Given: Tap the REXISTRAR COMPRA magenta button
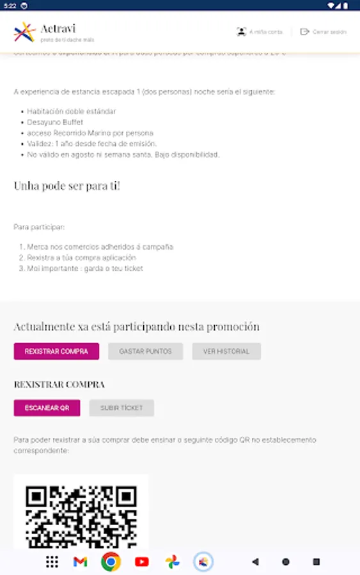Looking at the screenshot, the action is (x=56, y=351).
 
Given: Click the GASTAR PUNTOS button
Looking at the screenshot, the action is (x=145, y=351).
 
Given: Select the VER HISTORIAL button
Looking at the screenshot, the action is (x=226, y=351).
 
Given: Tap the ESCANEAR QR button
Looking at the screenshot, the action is (x=47, y=408).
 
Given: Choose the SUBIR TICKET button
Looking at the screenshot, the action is (x=121, y=408).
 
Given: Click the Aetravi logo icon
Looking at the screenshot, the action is (x=24, y=31).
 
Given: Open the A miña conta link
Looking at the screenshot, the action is (x=259, y=32).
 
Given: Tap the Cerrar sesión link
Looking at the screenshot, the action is (x=323, y=32).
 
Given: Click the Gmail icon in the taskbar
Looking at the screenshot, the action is (x=80, y=562).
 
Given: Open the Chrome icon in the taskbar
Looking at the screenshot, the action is (x=111, y=562).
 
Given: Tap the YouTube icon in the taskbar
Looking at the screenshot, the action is (x=142, y=562).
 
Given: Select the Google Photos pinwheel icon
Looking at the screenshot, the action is (x=173, y=562).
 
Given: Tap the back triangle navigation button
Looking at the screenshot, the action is (x=255, y=562).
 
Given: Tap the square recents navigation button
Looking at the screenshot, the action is (x=316, y=562).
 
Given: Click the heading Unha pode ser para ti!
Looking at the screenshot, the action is (x=67, y=186).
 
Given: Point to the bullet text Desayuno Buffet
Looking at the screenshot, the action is (x=55, y=122).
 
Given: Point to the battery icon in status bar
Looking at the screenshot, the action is (x=348, y=5).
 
